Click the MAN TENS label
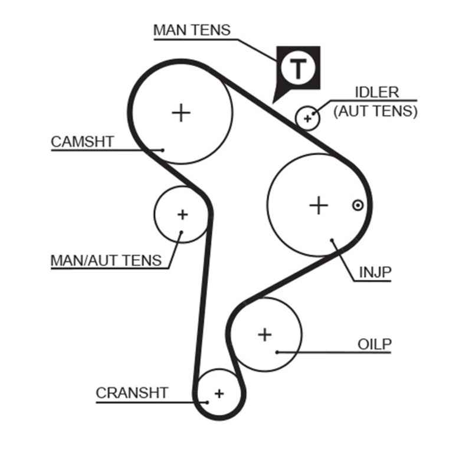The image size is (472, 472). (x=192, y=29)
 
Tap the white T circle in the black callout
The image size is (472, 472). (x=298, y=69)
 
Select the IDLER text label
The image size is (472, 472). (x=376, y=93)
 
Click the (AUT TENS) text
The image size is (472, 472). (x=375, y=110)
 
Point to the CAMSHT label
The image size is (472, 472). (x=82, y=142)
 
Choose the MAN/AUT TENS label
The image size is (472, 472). (x=106, y=260)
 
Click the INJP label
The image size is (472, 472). (x=375, y=272)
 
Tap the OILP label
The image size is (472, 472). (x=375, y=344)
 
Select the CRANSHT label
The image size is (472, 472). (x=132, y=393)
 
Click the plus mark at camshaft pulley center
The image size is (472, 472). (x=182, y=112)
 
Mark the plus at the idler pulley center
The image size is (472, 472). (x=307, y=119)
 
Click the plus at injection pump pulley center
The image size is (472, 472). (x=319, y=205)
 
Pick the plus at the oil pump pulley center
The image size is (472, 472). (x=265, y=335)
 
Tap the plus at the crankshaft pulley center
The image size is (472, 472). (x=219, y=393)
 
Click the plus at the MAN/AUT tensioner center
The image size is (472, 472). (x=182, y=214)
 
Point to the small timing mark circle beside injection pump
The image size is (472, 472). (x=357, y=205)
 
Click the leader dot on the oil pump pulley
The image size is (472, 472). (x=277, y=352)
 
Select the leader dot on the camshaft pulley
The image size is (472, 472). (x=162, y=150)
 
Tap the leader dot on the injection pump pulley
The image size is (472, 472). (x=333, y=240)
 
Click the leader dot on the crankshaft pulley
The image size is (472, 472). (x=207, y=402)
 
